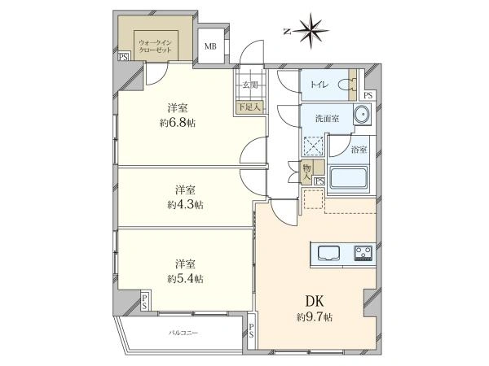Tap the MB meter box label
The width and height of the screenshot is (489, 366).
tap(210, 46)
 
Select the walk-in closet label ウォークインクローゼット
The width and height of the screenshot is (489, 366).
tap(156, 46)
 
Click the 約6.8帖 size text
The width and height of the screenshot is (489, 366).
tap(178, 123)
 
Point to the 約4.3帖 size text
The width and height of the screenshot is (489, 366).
tap(185, 204)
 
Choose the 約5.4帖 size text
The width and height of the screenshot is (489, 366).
tap(185, 278)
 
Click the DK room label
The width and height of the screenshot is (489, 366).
tap(315, 301)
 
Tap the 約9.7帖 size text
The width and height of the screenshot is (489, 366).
tap(315, 317)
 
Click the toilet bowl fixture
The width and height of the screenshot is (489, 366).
tap(347, 85)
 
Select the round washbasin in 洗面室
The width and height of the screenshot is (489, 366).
tap(362, 114)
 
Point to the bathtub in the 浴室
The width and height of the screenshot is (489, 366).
tap(349, 177)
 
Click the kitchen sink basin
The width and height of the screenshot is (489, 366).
tap(329, 252)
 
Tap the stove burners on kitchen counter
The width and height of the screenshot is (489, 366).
tap(363, 253)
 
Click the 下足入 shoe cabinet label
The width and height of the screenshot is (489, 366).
tap(249, 107)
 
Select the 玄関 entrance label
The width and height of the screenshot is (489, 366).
tap(250, 85)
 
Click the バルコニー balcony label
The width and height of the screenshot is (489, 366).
tap(183, 333)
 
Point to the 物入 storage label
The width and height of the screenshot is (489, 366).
tap(307, 172)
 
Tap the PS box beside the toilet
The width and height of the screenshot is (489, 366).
tap(368, 95)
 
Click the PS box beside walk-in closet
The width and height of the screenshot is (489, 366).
tap(124, 57)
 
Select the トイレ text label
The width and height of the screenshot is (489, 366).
tap(319, 85)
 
